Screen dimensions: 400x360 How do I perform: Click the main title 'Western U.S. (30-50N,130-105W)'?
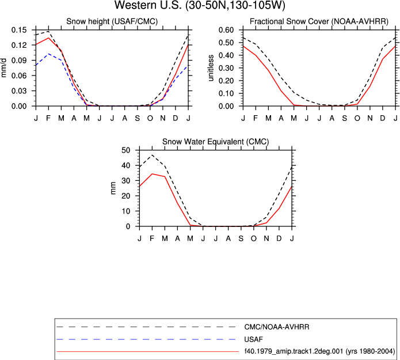(200, 5)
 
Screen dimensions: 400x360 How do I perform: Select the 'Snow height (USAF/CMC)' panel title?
(112, 21)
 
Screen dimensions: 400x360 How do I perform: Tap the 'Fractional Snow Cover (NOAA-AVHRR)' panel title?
(319, 21)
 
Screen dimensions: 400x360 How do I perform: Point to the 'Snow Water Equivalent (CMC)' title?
(216, 142)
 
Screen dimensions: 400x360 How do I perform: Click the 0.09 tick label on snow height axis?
(19, 60)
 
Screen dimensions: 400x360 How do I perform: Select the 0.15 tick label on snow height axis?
(19, 30)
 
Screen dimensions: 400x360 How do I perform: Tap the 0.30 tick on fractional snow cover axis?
(226, 68)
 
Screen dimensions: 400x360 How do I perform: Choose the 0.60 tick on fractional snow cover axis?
(226, 30)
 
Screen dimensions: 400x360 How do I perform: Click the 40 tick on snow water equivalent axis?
(126, 165)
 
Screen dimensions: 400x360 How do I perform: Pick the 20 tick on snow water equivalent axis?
(126, 196)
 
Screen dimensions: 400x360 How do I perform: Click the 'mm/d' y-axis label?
(3, 68)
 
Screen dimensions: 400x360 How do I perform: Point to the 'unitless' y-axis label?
(211, 68)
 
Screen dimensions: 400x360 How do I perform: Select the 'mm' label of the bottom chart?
(113, 188)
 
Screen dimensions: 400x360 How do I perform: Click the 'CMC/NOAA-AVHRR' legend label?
(277, 327)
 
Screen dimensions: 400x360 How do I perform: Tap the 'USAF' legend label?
(254, 339)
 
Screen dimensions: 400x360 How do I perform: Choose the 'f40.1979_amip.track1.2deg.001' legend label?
(294, 351)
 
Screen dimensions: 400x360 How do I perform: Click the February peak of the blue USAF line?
(48, 54)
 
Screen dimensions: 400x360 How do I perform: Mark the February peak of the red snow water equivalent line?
(152, 174)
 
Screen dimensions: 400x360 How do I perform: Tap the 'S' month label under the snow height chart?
(137, 118)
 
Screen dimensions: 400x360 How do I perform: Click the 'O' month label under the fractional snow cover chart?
(357, 118)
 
